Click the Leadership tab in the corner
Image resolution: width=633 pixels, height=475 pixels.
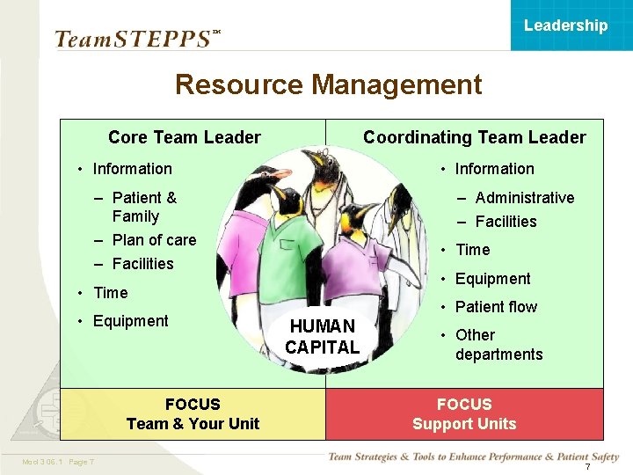[565, 26]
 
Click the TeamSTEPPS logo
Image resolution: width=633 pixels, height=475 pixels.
[132, 39]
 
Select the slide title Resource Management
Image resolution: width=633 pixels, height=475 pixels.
[328, 84]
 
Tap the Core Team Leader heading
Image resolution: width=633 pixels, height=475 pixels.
[184, 137]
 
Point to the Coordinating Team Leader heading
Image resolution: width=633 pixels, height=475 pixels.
[474, 137]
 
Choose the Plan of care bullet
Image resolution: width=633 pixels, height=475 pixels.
[154, 240]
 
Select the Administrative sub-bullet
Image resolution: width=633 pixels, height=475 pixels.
[524, 198]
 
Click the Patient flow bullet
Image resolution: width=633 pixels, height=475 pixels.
[496, 307]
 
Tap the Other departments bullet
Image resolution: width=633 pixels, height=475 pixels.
[498, 345]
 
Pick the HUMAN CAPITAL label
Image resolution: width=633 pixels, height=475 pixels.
[323, 337]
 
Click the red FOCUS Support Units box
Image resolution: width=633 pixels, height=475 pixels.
[464, 414]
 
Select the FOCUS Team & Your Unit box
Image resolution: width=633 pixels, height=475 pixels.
[193, 414]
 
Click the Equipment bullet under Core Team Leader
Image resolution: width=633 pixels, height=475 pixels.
[130, 321]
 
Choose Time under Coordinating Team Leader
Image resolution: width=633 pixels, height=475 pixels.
[472, 250]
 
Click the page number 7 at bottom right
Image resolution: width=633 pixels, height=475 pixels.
[587, 466]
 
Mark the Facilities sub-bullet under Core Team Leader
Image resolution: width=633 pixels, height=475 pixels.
[142, 264]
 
